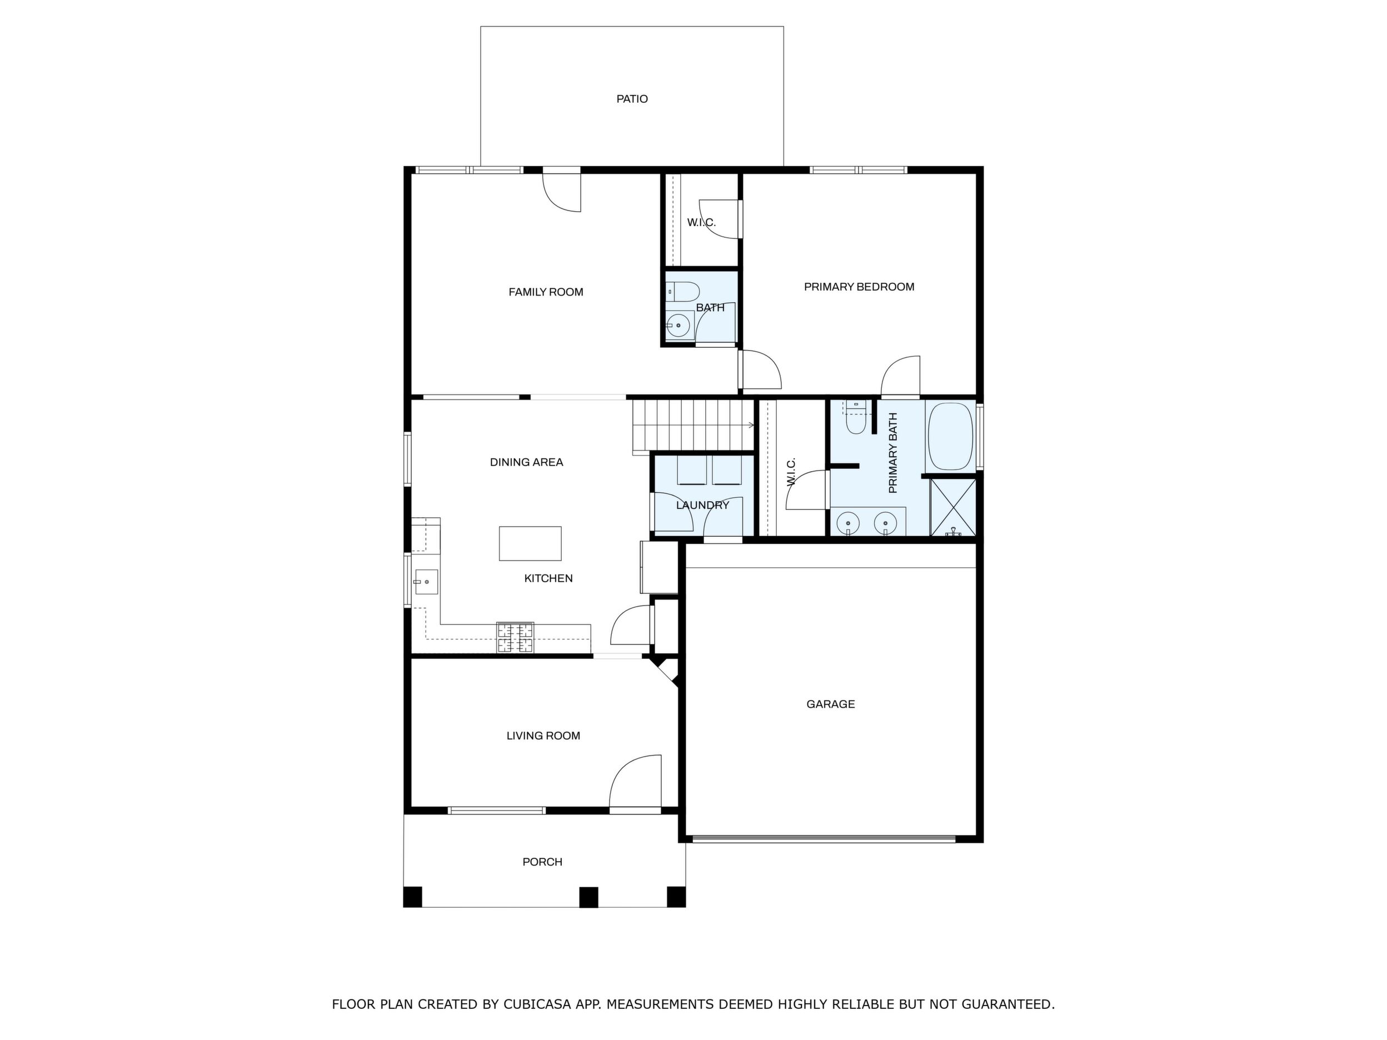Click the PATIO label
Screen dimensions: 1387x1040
click(631, 99)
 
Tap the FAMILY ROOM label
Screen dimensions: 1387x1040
click(546, 292)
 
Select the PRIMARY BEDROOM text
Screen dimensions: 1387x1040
click(859, 287)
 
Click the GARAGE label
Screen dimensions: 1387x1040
click(830, 704)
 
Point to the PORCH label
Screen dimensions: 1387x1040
click(542, 862)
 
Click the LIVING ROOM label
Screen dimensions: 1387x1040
click(543, 736)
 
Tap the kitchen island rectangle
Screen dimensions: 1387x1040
click(530, 543)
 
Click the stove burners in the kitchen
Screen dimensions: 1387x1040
click(516, 638)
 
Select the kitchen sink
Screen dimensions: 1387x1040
click(426, 582)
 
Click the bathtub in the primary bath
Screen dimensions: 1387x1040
click(951, 436)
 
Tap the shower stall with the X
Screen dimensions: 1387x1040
click(953, 507)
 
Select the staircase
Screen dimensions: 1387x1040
click(693, 426)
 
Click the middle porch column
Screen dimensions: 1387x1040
click(588, 897)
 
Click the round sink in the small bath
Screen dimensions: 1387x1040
click(678, 326)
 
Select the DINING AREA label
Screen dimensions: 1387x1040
click(527, 463)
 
